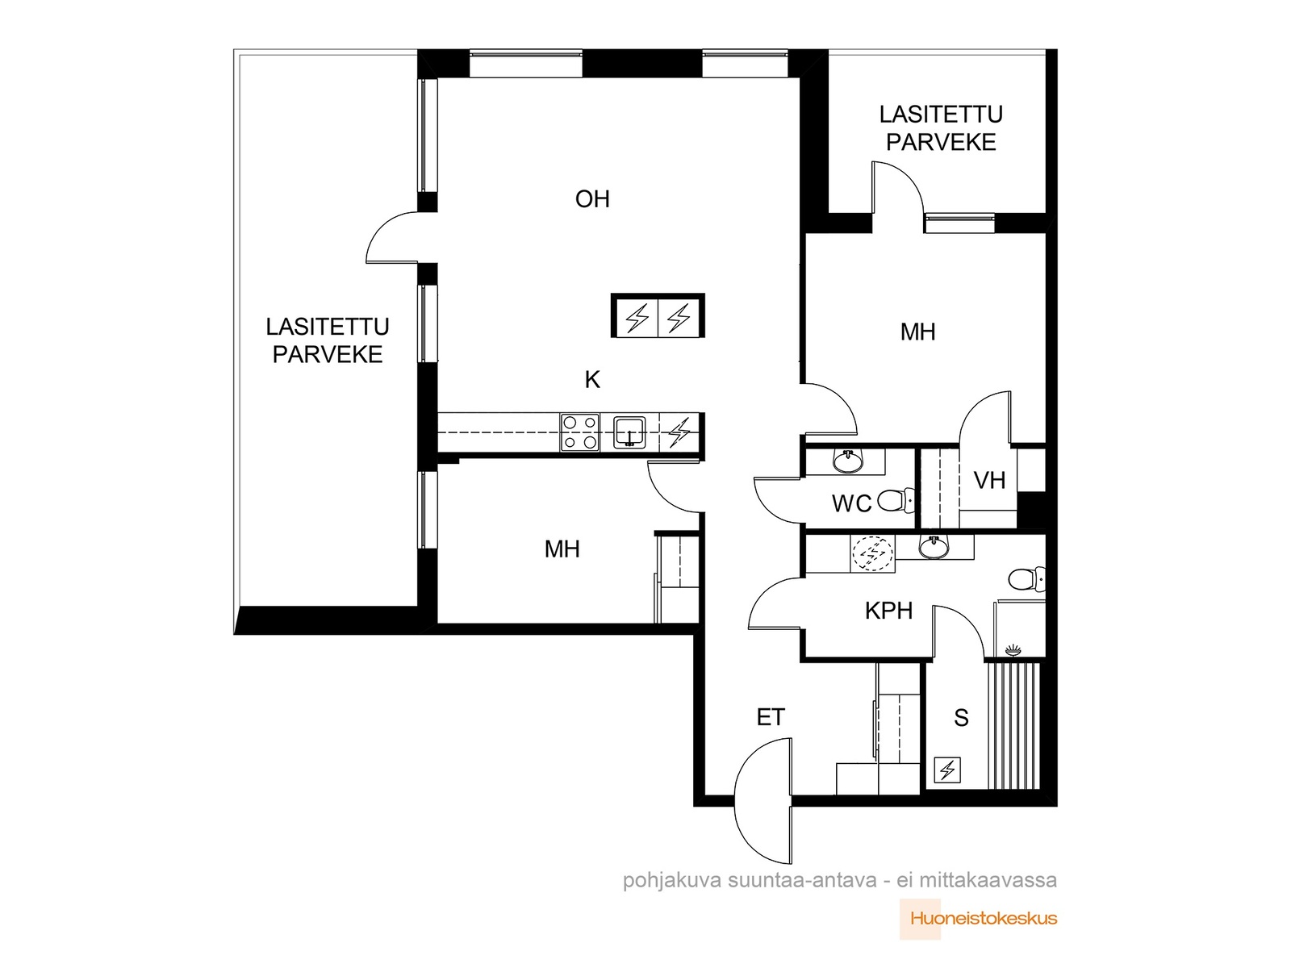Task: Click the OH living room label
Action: pyautogui.click(x=591, y=199)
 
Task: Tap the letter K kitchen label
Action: pyautogui.click(x=591, y=380)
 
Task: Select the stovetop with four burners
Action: pyautogui.click(x=580, y=432)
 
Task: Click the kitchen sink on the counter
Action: pyautogui.click(x=629, y=432)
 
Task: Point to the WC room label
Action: pyautogui.click(x=851, y=503)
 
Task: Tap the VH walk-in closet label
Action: pyautogui.click(x=989, y=481)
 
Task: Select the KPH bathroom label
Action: pyautogui.click(x=888, y=611)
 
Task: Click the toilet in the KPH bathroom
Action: pyautogui.click(x=1027, y=579)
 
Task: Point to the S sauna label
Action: pyautogui.click(x=961, y=718)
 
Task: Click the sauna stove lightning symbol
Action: pyautogui.click(x=947, y=770)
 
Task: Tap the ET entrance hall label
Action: pyautogui.click(x=771, y=717)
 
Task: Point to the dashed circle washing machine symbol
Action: pyautogui.click(x=872, y=553)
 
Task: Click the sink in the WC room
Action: pyautogui.click(x=847, y=461)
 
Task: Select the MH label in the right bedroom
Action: pyautogui.click(x=917, y=332)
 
